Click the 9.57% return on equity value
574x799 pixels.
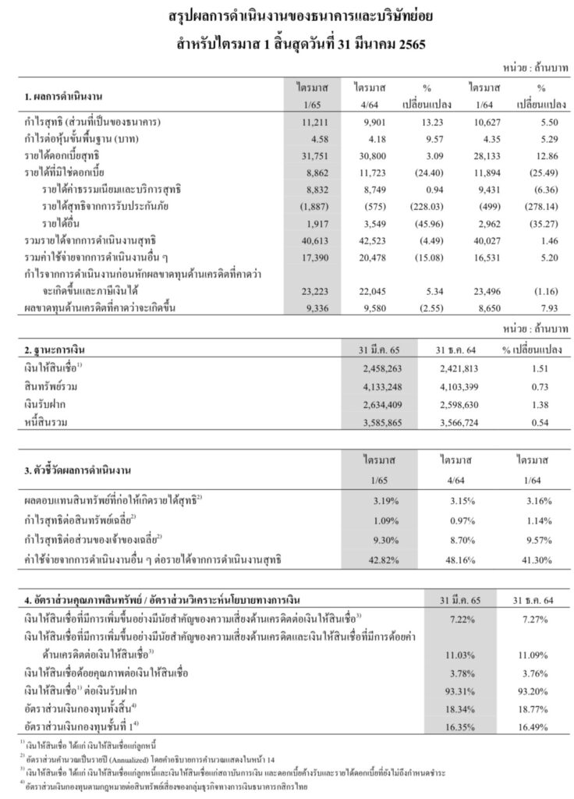tap(533, 538)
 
